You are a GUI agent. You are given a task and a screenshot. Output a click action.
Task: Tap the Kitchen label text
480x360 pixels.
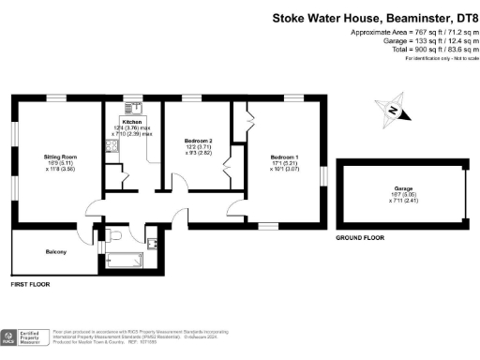click(131, 122)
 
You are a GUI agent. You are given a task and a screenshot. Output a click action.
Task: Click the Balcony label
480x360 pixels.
click(55, 252)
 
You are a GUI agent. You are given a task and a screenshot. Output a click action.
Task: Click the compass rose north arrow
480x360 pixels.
click(392, 111)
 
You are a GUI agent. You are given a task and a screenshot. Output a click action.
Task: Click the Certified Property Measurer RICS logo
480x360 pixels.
click(24, 338)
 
